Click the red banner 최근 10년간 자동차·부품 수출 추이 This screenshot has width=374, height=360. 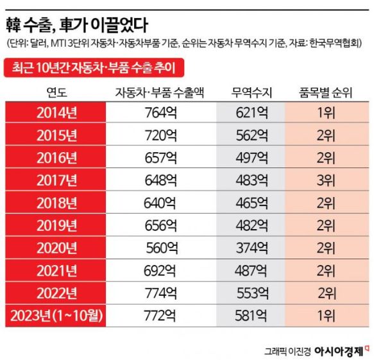(x=93, y=66)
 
